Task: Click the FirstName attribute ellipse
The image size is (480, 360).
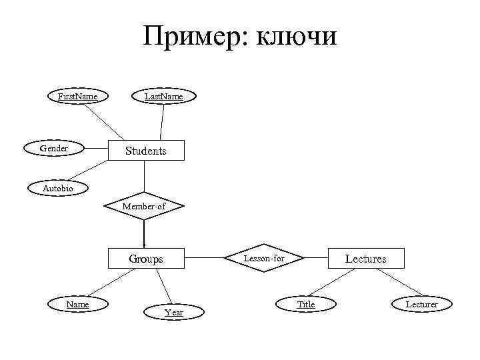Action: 77,97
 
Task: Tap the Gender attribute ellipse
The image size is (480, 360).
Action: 54,148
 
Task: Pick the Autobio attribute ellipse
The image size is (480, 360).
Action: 58,189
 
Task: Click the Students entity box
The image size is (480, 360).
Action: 145,151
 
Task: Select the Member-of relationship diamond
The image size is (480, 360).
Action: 144,206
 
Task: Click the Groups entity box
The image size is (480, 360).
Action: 145,259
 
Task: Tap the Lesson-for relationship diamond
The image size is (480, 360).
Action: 264,257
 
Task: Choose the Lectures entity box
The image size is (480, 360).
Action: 365,258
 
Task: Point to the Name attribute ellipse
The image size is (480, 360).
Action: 77,304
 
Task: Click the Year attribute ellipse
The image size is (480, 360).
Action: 174,312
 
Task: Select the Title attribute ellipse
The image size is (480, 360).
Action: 306,304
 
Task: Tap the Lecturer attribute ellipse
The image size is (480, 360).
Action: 422,304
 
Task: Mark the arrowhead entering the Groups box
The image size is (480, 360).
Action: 144,245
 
